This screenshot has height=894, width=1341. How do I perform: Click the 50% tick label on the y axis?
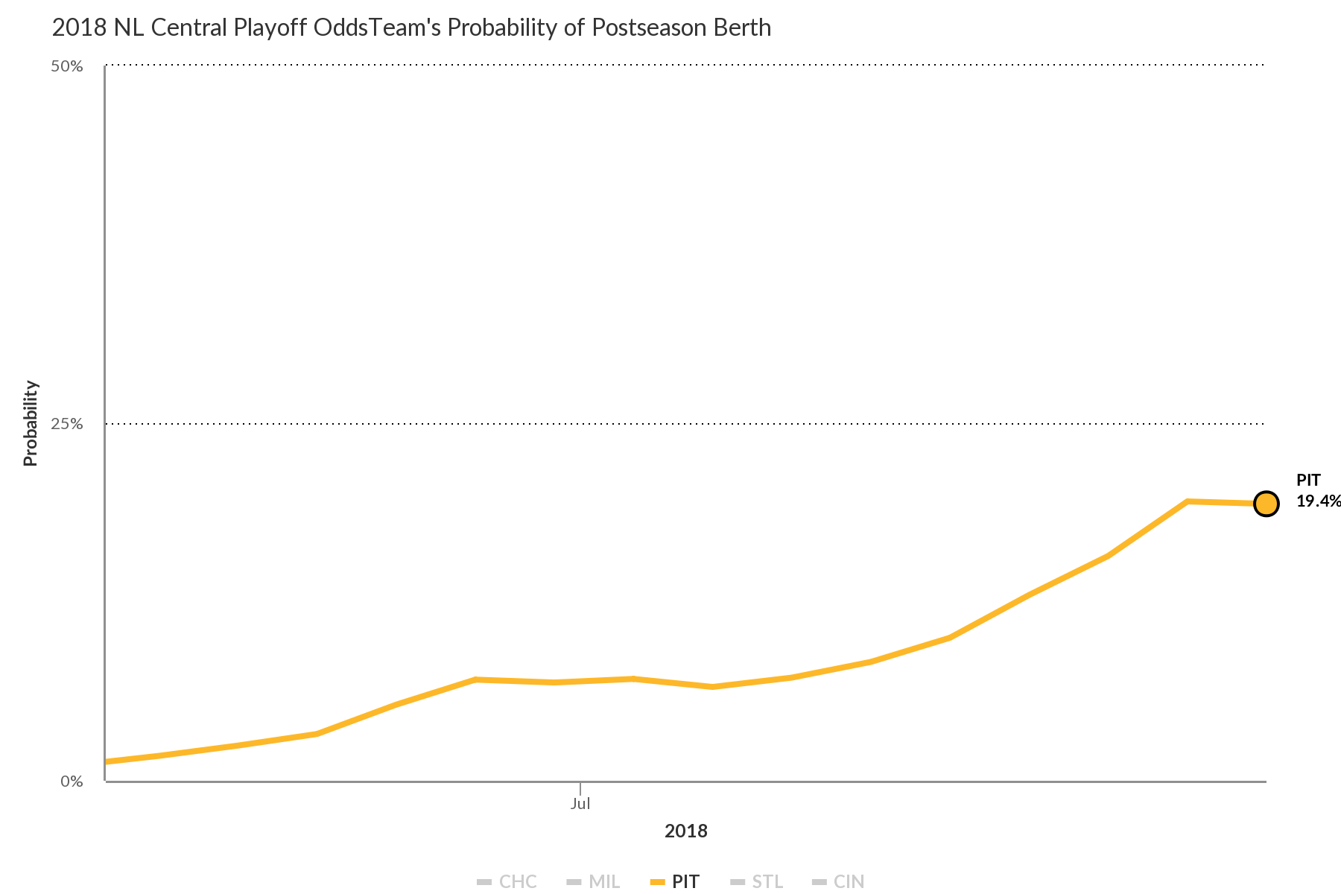(x=66, y=67)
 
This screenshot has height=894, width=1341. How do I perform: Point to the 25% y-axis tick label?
(x=66, y=425)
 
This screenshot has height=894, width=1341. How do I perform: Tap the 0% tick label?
(x=72, y=782)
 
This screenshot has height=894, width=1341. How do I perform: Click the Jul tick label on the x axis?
(x=580, y=805)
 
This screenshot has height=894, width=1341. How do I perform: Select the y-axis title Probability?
(x=31, y=423)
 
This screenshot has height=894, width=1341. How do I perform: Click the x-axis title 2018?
(x=686, y=831)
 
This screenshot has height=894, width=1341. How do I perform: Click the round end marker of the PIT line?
(x=1266, y=504)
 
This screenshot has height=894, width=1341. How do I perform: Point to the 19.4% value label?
(x=1318, y=501)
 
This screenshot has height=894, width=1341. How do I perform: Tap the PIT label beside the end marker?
(x=1308, y=481)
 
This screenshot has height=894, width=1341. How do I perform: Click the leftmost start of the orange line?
(x=107, y=761)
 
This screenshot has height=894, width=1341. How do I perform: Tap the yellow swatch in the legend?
(x=657, y=882)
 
